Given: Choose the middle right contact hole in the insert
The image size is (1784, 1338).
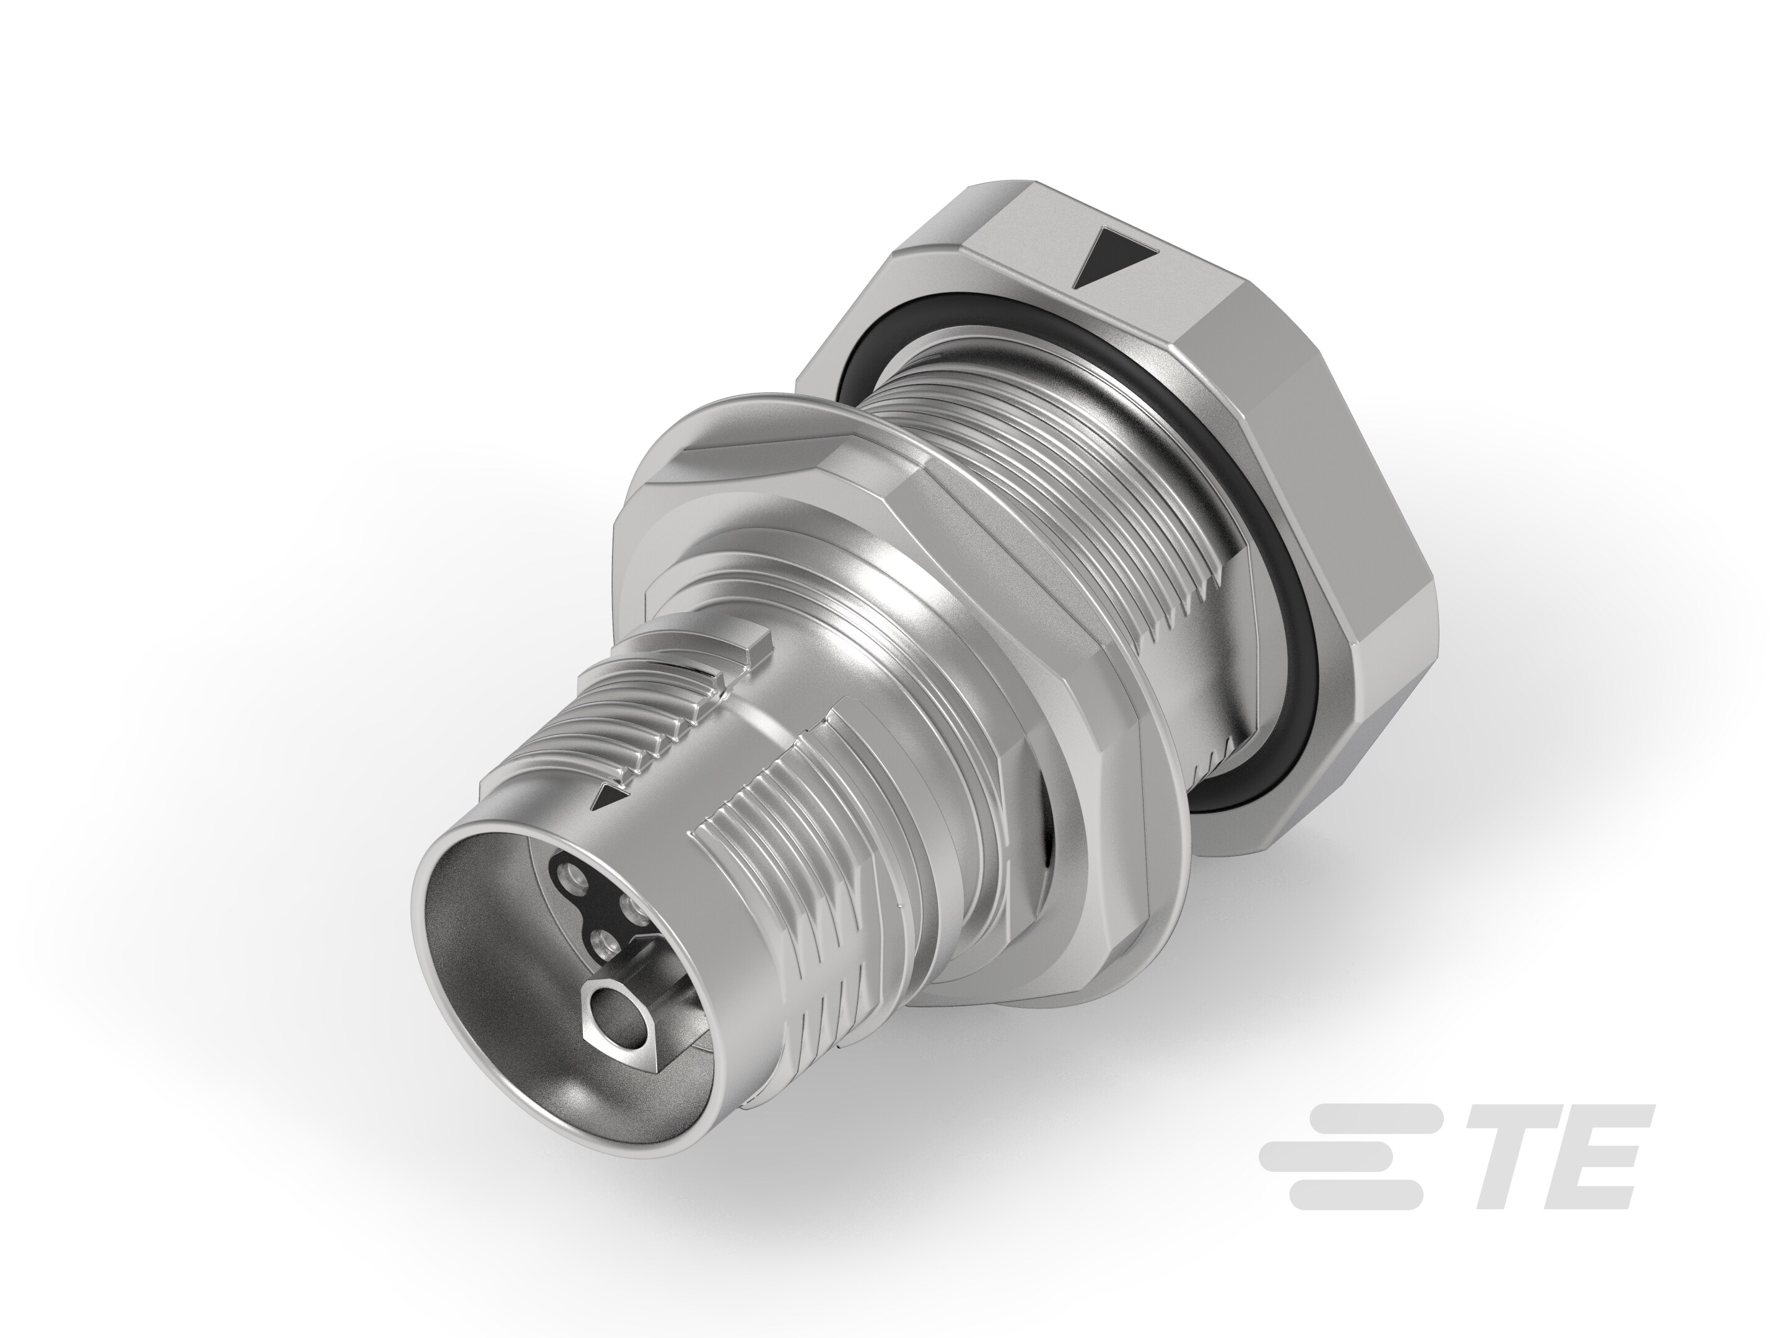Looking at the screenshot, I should point(634,907).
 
